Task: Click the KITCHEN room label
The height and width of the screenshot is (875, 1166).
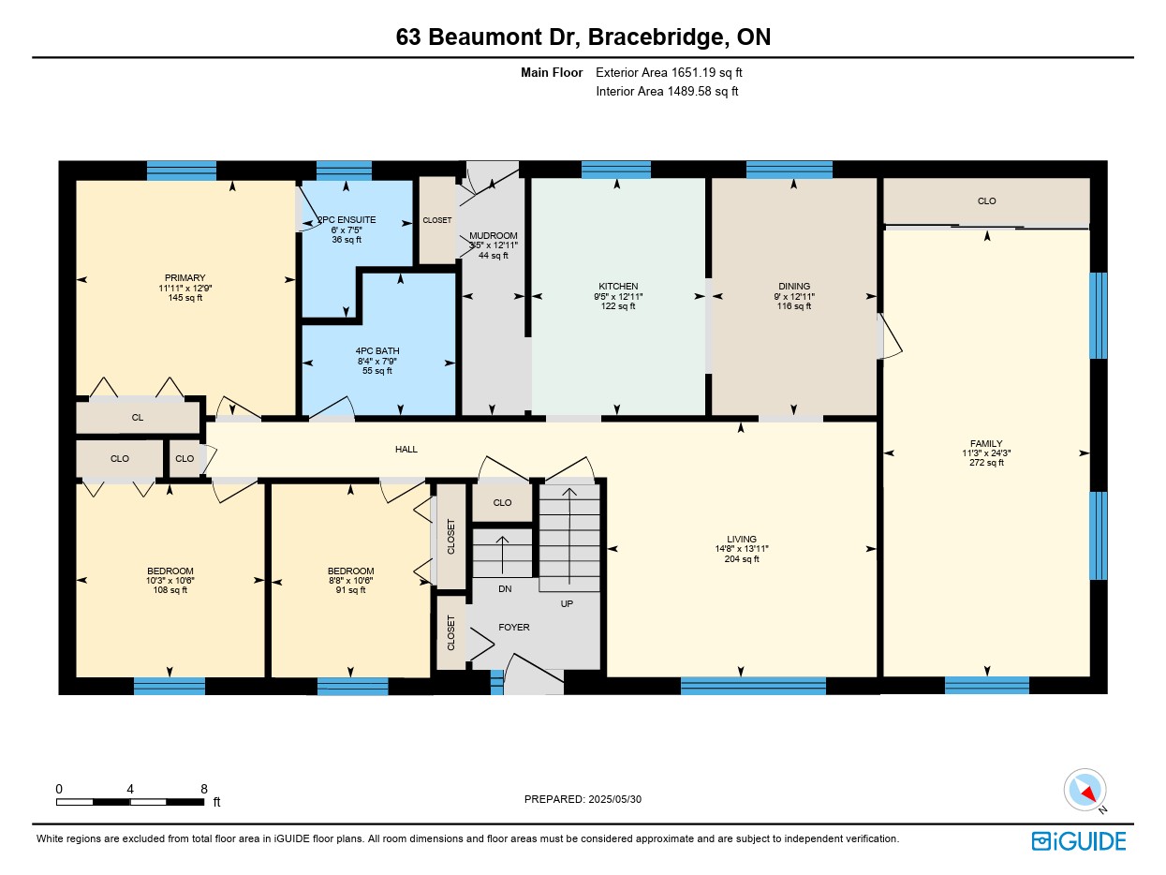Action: point(618,287)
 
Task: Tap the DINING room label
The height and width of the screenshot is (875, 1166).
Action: point(793,287)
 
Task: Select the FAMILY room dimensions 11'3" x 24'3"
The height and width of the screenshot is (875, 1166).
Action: point(986,453)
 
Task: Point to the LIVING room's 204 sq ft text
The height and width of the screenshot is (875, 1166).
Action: point(742,559)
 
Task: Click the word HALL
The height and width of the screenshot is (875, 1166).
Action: point(406,450)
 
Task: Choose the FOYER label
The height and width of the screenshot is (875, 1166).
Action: point(513,628)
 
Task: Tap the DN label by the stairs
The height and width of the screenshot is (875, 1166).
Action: point(505,588)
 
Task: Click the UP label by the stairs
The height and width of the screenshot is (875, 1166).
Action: point(567,604)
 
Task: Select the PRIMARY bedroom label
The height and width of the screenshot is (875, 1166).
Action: point(184,278)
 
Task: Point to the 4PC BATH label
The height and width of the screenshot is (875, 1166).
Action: point(377,351)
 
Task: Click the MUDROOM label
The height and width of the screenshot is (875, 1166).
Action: point(493,236)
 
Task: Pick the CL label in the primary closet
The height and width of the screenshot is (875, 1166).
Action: point(137,418)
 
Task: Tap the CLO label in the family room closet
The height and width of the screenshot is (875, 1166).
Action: point(986,201)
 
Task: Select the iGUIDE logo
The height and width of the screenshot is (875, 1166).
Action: point(1078,841)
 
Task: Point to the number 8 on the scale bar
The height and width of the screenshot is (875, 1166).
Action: point(204,789)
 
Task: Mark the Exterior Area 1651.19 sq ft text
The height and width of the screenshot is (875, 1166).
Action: point(669,73)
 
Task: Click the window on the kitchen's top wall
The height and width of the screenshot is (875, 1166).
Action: point(615,170)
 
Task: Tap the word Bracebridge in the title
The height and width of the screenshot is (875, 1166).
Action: point(655,37)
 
